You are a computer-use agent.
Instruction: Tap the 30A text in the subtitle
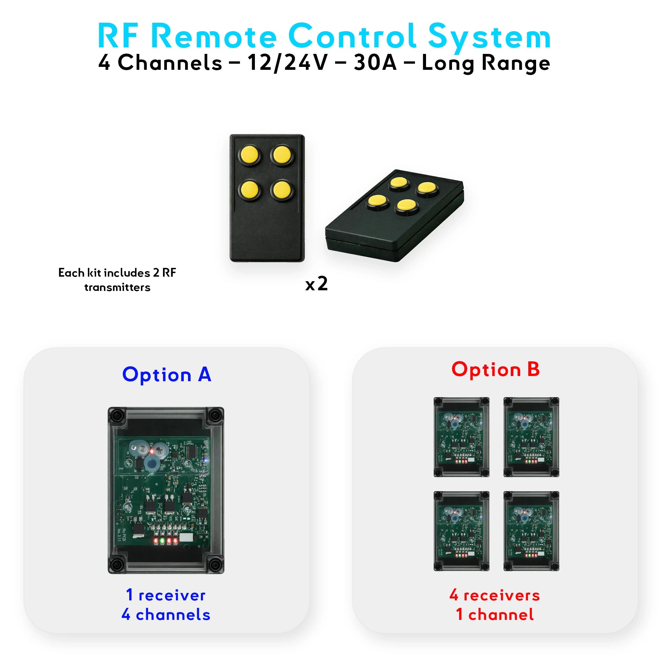tap(375, 63)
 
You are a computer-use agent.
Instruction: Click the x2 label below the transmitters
tap(316, 284)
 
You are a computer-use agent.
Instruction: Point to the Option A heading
tap(167, 374)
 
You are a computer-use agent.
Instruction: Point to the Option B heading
tap(495, 369)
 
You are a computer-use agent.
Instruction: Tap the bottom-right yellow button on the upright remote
tap(282, 190)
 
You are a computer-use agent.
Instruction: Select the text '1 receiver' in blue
tap(166, 595)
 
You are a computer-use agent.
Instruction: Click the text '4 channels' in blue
tap(166, 615)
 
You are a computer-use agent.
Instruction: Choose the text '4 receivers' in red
tap(495, 595)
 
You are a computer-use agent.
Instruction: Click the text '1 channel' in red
tap(495, 615)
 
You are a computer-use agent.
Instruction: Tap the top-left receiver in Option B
tap(461, 437)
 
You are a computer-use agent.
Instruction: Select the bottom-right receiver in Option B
tap(531, 531)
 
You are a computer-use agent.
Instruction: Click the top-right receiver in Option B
tap(531, 437)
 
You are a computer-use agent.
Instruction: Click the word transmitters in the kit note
tap(117, 287)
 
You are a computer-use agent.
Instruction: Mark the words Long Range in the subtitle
tap(486, 63)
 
